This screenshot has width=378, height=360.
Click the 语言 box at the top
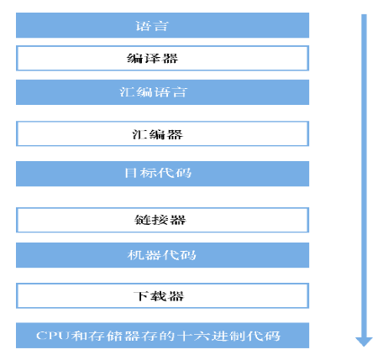162,25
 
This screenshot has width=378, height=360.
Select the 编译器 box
162,58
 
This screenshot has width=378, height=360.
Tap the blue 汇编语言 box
162,92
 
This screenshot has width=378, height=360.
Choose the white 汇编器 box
162,133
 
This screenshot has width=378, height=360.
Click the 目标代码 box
162,174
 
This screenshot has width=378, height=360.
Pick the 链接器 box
162,220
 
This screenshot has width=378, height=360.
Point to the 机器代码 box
162,255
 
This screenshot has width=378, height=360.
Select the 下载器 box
162,295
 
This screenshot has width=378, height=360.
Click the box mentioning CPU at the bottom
162,336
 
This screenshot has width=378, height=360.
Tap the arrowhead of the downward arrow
364,342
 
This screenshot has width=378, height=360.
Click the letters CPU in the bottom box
53,336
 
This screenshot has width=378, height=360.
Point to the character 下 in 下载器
141,296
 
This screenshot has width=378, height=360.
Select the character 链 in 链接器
143,220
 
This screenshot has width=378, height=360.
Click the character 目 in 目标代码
131,173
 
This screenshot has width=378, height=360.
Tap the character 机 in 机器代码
136,255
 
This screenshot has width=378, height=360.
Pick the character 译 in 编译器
153,58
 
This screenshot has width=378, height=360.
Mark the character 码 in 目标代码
184,173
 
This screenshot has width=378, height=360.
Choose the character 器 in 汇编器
175,134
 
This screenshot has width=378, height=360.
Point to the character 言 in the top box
160,26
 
